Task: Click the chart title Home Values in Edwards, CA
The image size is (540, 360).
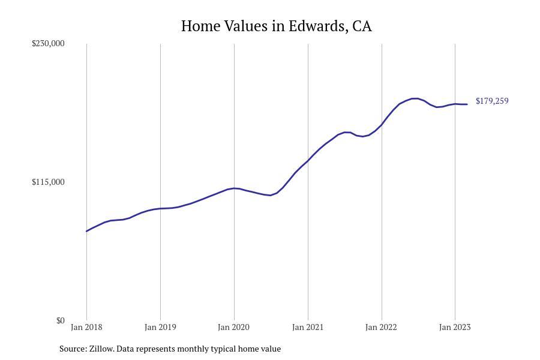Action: (x=276, y=26)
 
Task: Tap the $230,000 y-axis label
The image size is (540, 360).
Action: (x=48, y=43)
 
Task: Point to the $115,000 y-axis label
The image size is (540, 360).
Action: (x=48, y=182)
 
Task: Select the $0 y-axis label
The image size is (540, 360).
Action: (x=60, y=320)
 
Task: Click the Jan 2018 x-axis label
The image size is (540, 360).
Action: (x=86, y=327)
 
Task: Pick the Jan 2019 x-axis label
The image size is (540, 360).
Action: (x=160, y=327)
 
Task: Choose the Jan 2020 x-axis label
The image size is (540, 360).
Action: (x=234, y=327)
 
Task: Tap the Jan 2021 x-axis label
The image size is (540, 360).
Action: (x=308, y=327)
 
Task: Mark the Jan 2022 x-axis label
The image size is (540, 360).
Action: (x=382, y=327)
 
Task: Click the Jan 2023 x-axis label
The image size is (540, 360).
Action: (x=455, y=327)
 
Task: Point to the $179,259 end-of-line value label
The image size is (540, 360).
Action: (x=492, y=101)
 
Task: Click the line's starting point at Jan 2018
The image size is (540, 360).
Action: (x=86, y=231)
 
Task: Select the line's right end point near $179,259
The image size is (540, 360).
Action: (x=467, y=104)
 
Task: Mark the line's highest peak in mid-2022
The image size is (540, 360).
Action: (x=414, y=98)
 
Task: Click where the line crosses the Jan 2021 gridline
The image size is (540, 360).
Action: (x=308, y=161)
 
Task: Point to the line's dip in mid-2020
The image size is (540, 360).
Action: (x=270, y=195)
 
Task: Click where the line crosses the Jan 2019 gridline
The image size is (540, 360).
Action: (x=160, y=208)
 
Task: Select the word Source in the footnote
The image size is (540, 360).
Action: (x=73, y=349)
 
